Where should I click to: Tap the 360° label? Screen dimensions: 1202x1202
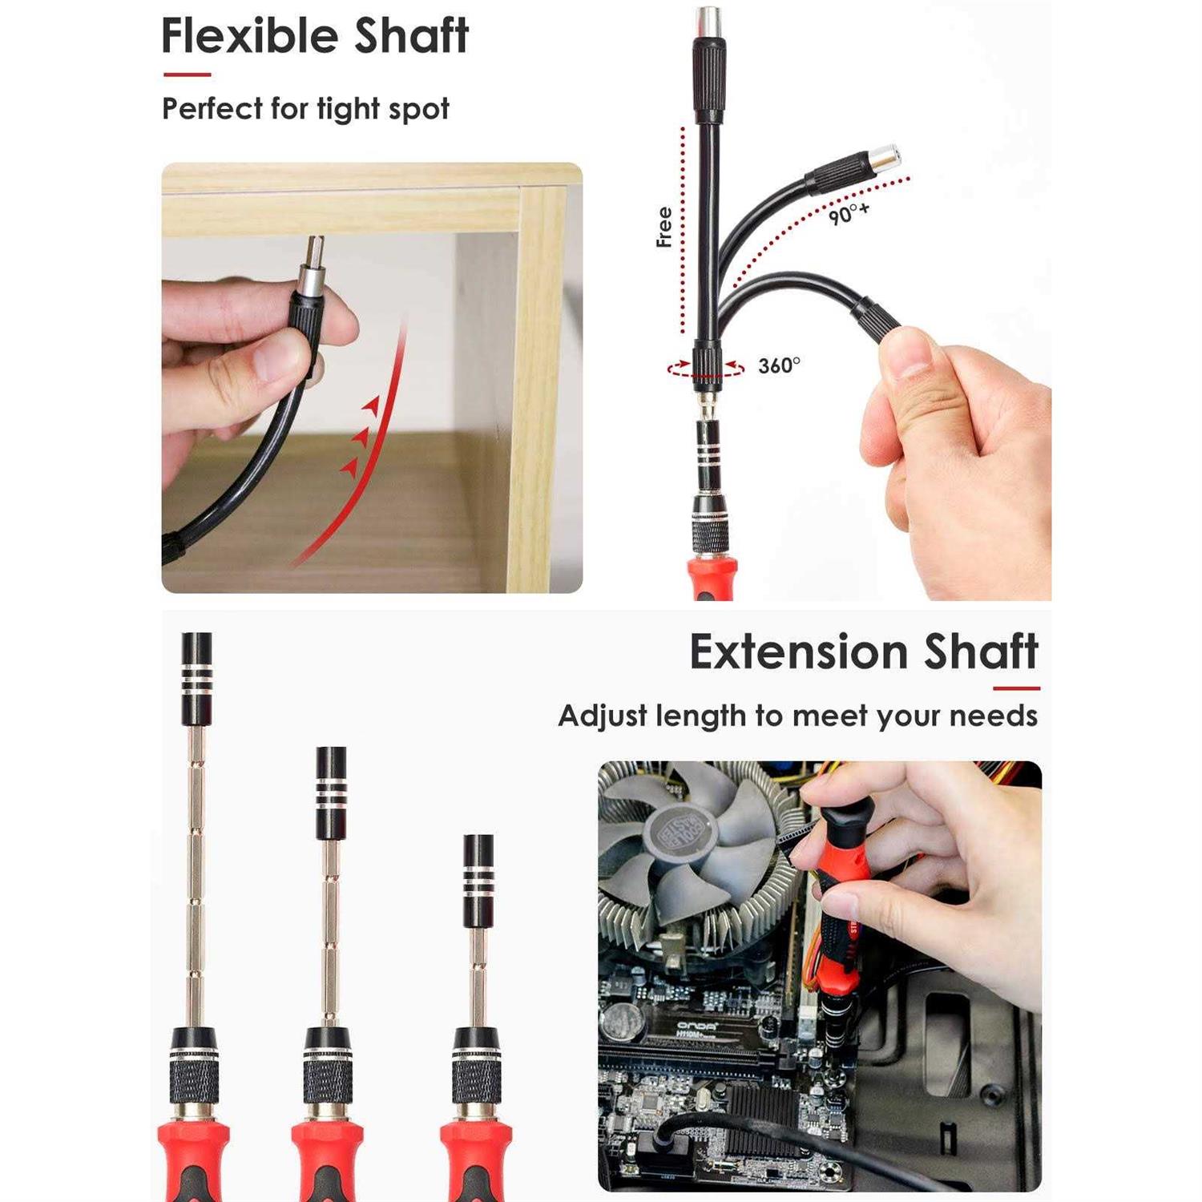point(779,365)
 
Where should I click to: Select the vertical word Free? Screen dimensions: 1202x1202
point(664,227)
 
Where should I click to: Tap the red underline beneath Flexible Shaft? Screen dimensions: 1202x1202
point(187,75)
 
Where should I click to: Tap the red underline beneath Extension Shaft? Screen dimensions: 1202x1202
point(1016,688)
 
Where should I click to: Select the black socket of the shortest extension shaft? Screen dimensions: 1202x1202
point(478,881)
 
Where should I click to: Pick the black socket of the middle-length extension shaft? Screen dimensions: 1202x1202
point(331,793)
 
